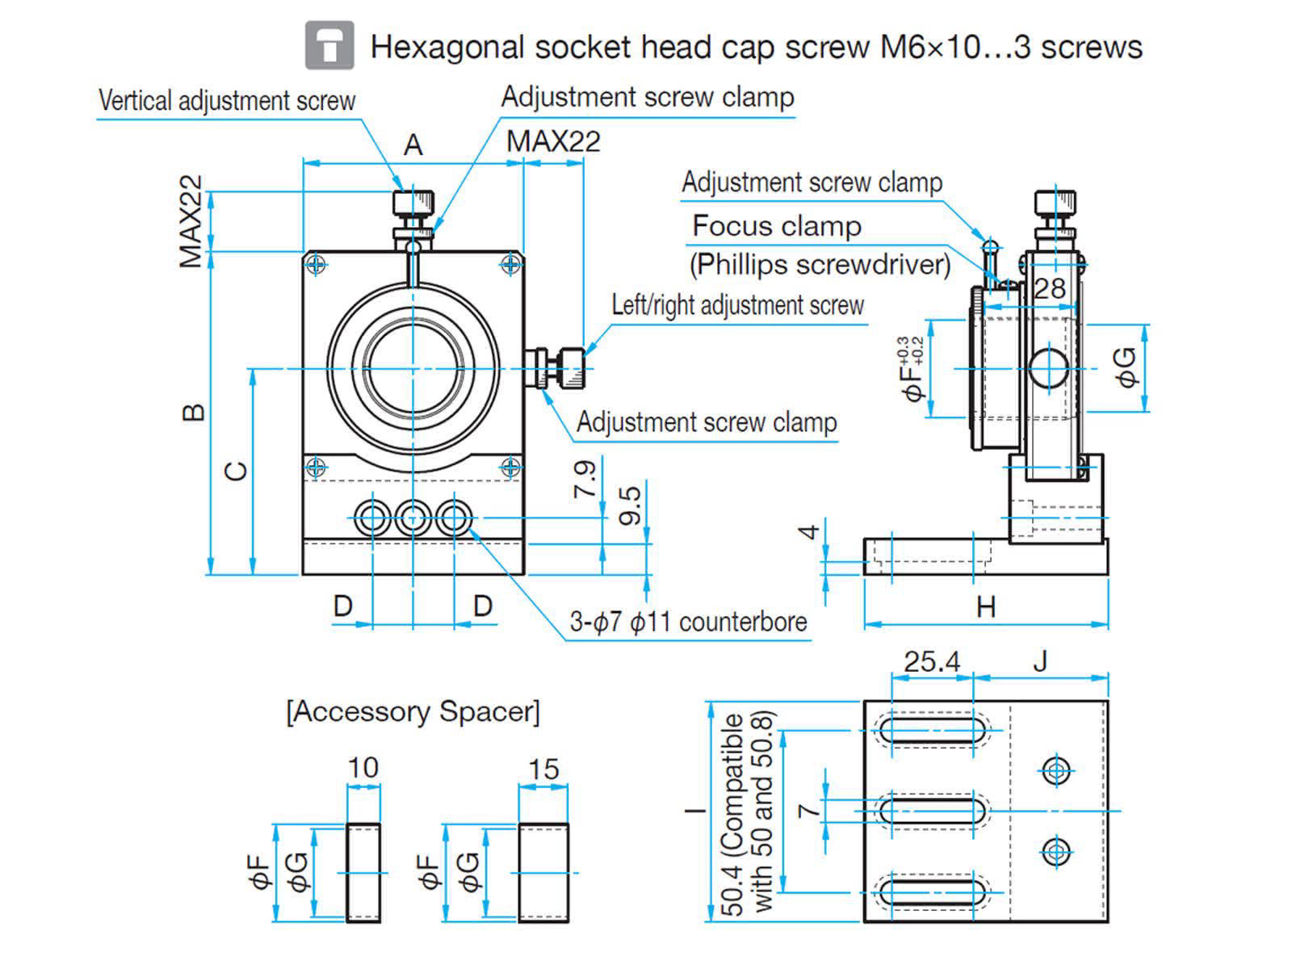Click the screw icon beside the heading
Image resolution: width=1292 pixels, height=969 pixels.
(329, 45)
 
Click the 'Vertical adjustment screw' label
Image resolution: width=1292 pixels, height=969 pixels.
(227, 101)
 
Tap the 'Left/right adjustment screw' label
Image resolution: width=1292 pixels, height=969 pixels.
(737, 305)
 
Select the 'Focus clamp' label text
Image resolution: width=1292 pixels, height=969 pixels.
(777, 225)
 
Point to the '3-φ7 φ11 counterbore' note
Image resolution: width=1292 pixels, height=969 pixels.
(688, 622)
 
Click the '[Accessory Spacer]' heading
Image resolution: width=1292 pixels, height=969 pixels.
(413, 711)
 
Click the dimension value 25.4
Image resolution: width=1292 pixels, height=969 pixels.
(932, 661)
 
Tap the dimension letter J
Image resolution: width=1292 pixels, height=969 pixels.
(1040, 661)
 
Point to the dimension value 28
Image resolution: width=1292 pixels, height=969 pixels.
(1049, 288)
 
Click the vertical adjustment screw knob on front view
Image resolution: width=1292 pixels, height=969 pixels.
(413, 202)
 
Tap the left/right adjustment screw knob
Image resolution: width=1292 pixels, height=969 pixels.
(570, 368)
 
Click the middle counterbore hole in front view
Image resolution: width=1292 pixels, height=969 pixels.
(413, 517)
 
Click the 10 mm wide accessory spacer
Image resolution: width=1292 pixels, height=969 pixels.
(363, 872)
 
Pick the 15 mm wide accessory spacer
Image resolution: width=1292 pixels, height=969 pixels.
(543, 872)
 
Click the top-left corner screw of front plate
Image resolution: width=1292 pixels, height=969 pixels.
(317, 264)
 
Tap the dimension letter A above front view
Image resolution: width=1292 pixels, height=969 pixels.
(413, 145)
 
